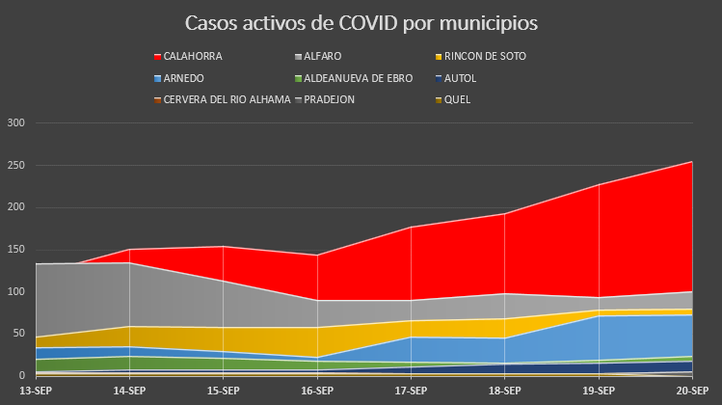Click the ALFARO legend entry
pos(332,57)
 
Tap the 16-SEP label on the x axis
pos(317,391)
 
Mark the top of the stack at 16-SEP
pos(317,255)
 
